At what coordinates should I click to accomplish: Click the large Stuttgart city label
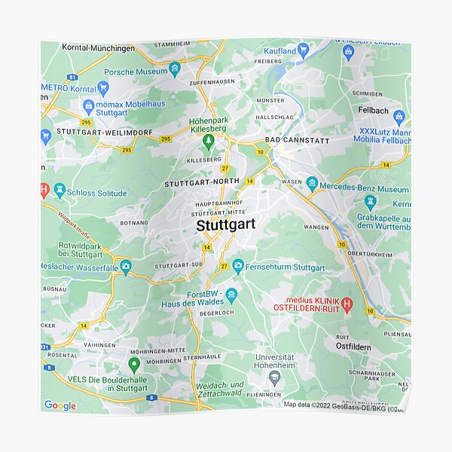pyautogui.click(x=225, y=224)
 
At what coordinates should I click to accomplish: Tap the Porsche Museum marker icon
pyautogui.click(x=175, y=71)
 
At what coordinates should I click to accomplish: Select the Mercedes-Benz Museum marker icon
pyautogui.click(x=312, y=183)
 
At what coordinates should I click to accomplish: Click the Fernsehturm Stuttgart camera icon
pyautogui.click(x=238, y=267)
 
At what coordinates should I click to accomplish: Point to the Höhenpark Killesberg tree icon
pyautogui.click(x=209, y=139)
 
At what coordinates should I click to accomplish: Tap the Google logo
pyautogui.click(x=60, y=406)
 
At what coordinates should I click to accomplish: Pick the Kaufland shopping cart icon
pyautogui.click(x=303, y=50)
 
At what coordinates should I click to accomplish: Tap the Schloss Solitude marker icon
pyautogui.click(x=60, y=191)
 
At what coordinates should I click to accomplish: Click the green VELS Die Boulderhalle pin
pyautogui.click(x=134, y=365)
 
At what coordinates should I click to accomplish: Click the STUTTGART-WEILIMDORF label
pyautogui.click(x=104, y=133)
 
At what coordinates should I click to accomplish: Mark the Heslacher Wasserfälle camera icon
pyautogui.click(x=125, y=266)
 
